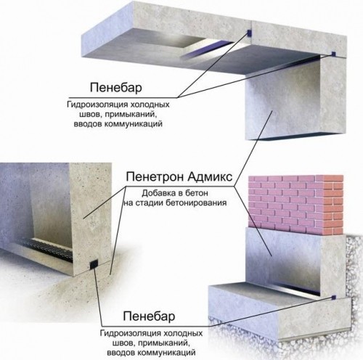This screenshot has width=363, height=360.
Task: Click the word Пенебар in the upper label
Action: [116, 88]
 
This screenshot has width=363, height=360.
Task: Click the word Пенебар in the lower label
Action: [149, 316]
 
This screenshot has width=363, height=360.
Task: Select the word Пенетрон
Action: [155, 177]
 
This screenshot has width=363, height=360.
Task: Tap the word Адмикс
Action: [210, 177]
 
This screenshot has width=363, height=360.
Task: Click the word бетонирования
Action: [196, 202]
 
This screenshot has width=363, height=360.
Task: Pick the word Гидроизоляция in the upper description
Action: [97, 105]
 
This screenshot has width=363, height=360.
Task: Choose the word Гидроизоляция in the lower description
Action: [131, 333]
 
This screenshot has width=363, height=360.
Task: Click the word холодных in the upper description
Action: [150, 105]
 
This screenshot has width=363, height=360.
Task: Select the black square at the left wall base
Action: [94, 264]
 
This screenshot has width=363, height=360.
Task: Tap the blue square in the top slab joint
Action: [249, 33]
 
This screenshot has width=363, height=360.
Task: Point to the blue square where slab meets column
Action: [333, 53]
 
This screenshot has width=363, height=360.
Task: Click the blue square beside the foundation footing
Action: [334, 296]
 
